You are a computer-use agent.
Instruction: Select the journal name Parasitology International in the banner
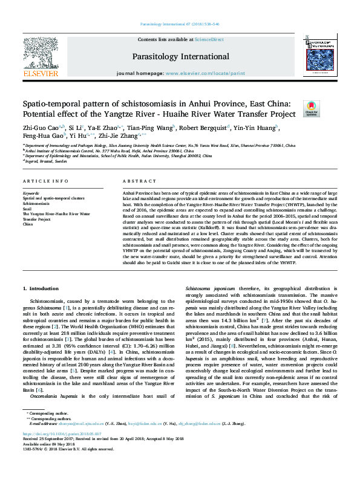coord(180,56)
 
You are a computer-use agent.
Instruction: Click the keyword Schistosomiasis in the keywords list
coord(37,204)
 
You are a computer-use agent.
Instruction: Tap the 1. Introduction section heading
coord(41,289)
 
